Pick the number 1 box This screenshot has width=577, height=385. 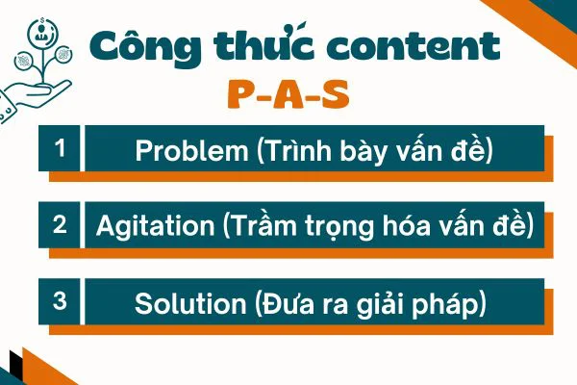(x=61, y=149)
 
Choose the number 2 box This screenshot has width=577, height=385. (x=61, y=225)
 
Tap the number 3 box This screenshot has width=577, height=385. (x=61, y=301)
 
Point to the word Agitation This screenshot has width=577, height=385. (x=154, y=227)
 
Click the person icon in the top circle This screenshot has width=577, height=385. (x=40, y=35)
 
